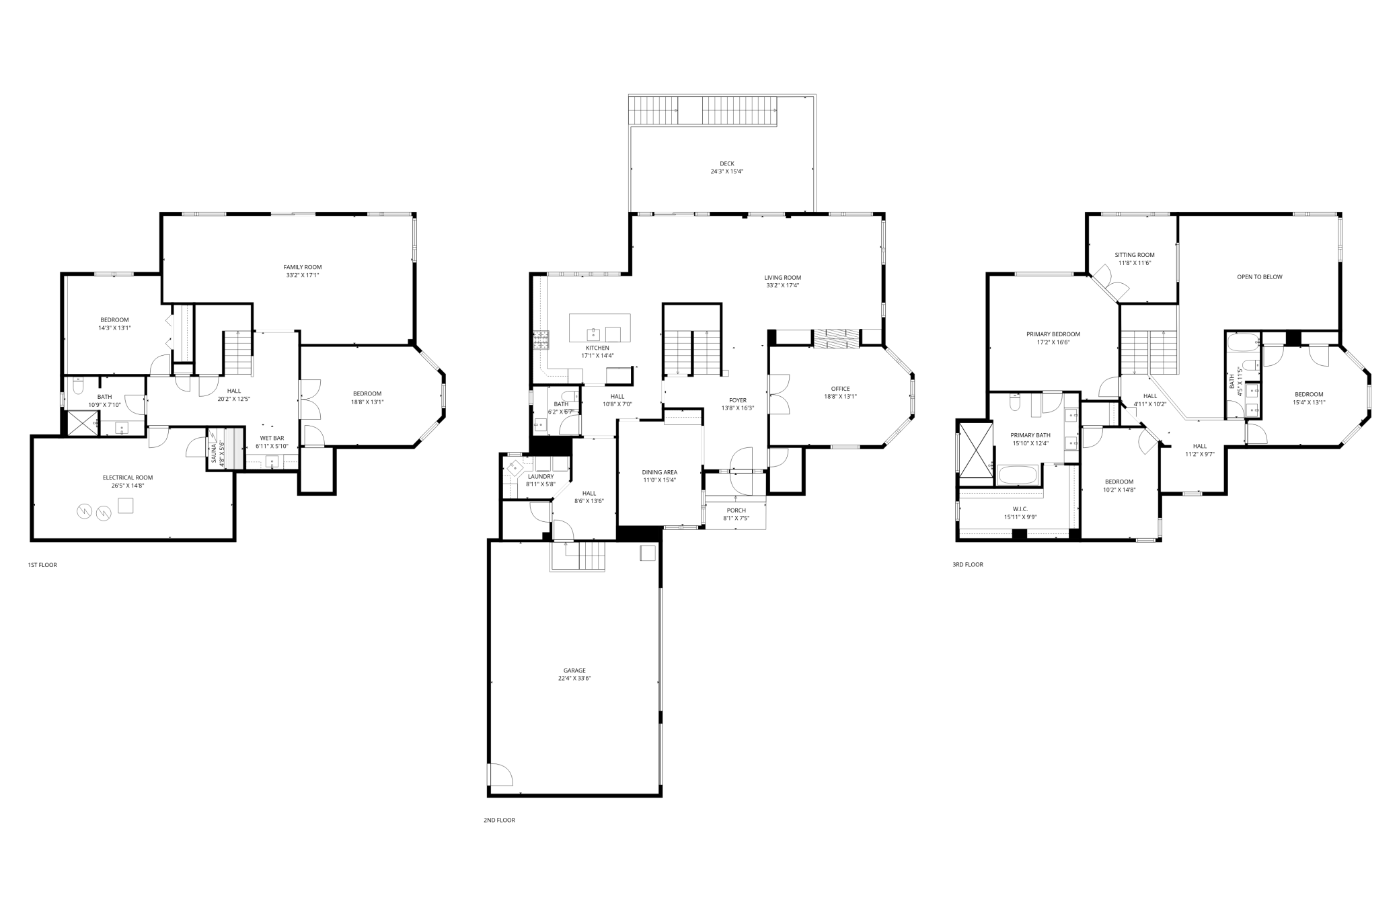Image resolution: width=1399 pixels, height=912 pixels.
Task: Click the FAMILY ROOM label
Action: tap(303, 267)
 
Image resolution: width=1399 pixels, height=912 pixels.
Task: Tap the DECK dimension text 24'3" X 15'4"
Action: tap(727, 172)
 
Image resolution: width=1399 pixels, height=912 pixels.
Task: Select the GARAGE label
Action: tap(574, 670)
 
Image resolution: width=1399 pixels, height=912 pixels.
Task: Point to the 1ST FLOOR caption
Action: tap(42, 565)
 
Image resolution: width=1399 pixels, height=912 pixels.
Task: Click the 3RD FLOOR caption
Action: tap(968, 565)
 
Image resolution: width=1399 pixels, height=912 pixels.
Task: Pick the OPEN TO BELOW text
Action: tap(1259, 277)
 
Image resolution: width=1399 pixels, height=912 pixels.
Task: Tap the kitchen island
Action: tap(599, 328)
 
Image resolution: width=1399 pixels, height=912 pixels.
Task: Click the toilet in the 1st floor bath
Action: tap(77, 387)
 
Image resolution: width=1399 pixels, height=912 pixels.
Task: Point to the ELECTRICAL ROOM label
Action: tap(128, 478)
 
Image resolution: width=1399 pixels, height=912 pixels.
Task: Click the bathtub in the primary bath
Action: tap(1018, 476)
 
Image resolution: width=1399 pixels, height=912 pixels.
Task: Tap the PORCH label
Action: tap(736, 510)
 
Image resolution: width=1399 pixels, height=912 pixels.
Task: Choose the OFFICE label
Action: tap(840, 389)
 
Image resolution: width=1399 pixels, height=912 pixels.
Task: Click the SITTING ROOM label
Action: tap(1135, 255)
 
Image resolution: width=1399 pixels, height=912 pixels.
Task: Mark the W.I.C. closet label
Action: tap(1020, 509)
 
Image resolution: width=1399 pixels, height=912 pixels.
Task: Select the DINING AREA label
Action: tap(659, 472)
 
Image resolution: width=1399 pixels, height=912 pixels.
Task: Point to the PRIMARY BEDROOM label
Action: tap(1053, 334)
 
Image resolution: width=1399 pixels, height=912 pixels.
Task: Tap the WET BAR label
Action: tap(272, 439)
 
